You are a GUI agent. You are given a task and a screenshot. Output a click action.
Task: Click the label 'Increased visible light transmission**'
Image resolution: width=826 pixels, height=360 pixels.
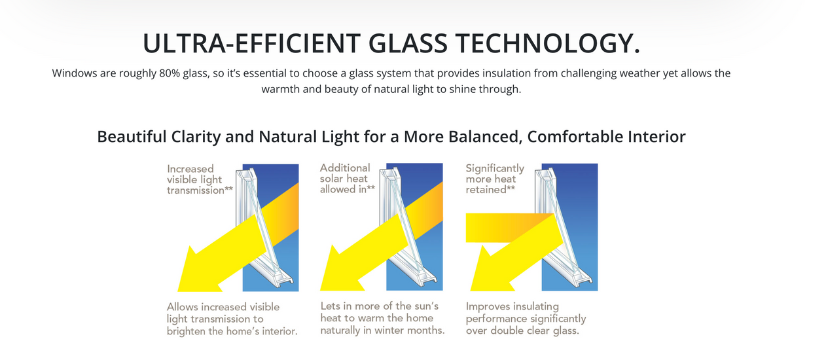[200, 179]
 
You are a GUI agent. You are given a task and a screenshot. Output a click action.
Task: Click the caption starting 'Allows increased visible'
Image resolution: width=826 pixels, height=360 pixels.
[232, 319]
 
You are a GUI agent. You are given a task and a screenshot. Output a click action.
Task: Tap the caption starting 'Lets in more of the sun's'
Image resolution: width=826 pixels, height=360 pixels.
[382, 318]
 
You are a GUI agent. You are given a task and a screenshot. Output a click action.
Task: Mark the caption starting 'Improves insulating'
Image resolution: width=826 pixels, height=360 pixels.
[526, 318]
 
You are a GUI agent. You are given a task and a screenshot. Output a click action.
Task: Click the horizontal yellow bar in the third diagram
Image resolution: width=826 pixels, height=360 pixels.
[497, 228]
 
